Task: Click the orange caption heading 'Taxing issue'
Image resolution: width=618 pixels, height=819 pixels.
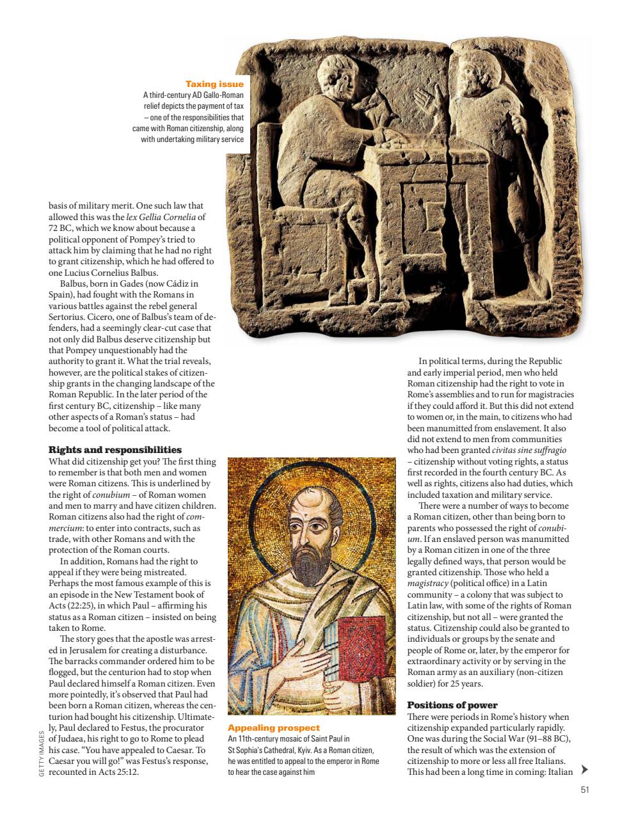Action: [214, 84]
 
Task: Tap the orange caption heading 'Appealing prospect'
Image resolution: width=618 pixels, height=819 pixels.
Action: [274, 728]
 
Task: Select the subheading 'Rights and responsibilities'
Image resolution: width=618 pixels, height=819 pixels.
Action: [115, 450]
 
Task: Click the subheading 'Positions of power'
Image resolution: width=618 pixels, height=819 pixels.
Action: [452, 705]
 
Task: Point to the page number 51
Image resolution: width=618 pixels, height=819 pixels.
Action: [584, 790]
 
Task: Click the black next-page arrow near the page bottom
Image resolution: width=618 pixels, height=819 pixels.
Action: [583, 769]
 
